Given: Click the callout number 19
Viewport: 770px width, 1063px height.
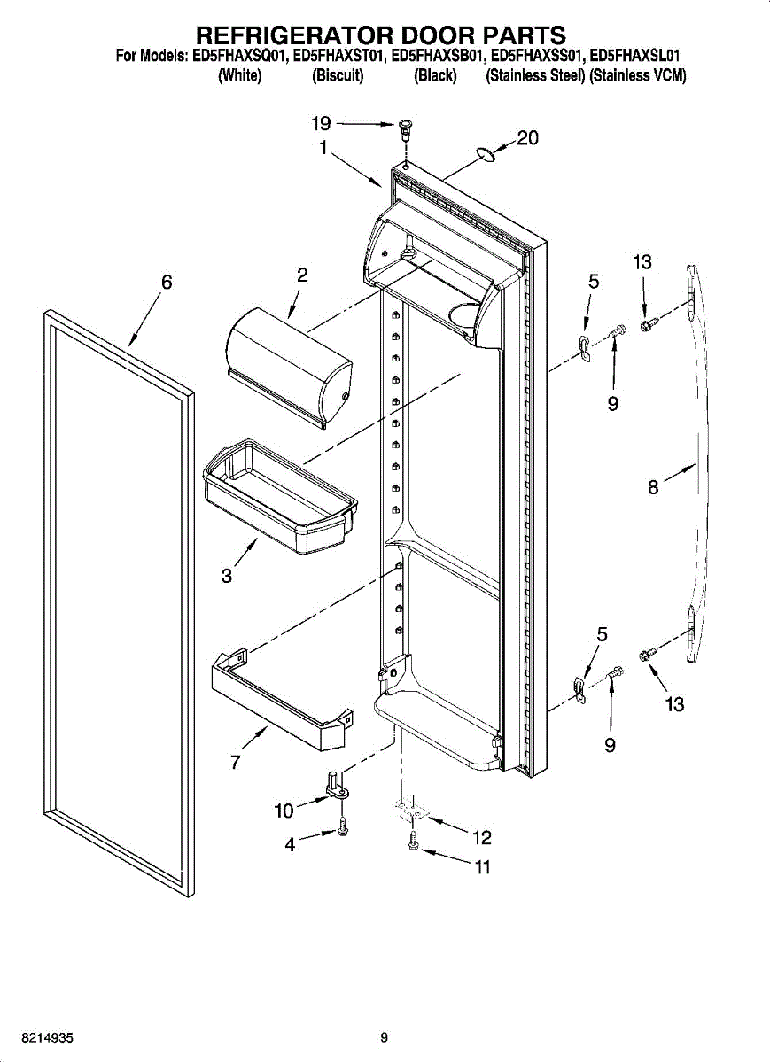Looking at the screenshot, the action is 321,124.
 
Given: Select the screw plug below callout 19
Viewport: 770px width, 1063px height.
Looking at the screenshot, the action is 405,129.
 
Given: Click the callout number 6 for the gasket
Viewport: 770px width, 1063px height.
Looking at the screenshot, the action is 167,282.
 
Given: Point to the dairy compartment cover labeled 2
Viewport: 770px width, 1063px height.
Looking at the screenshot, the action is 290,369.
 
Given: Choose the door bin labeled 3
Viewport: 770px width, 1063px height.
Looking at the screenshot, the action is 281,496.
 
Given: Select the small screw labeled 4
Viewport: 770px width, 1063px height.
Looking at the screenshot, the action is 343,826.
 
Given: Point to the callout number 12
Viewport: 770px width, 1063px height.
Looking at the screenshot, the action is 481,838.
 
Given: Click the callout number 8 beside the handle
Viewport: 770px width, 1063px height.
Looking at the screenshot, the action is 653,487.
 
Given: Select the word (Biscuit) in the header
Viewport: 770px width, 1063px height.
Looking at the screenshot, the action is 338,76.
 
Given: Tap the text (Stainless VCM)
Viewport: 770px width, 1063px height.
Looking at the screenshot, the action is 638,76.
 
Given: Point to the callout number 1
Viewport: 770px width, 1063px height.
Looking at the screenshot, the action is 323,148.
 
